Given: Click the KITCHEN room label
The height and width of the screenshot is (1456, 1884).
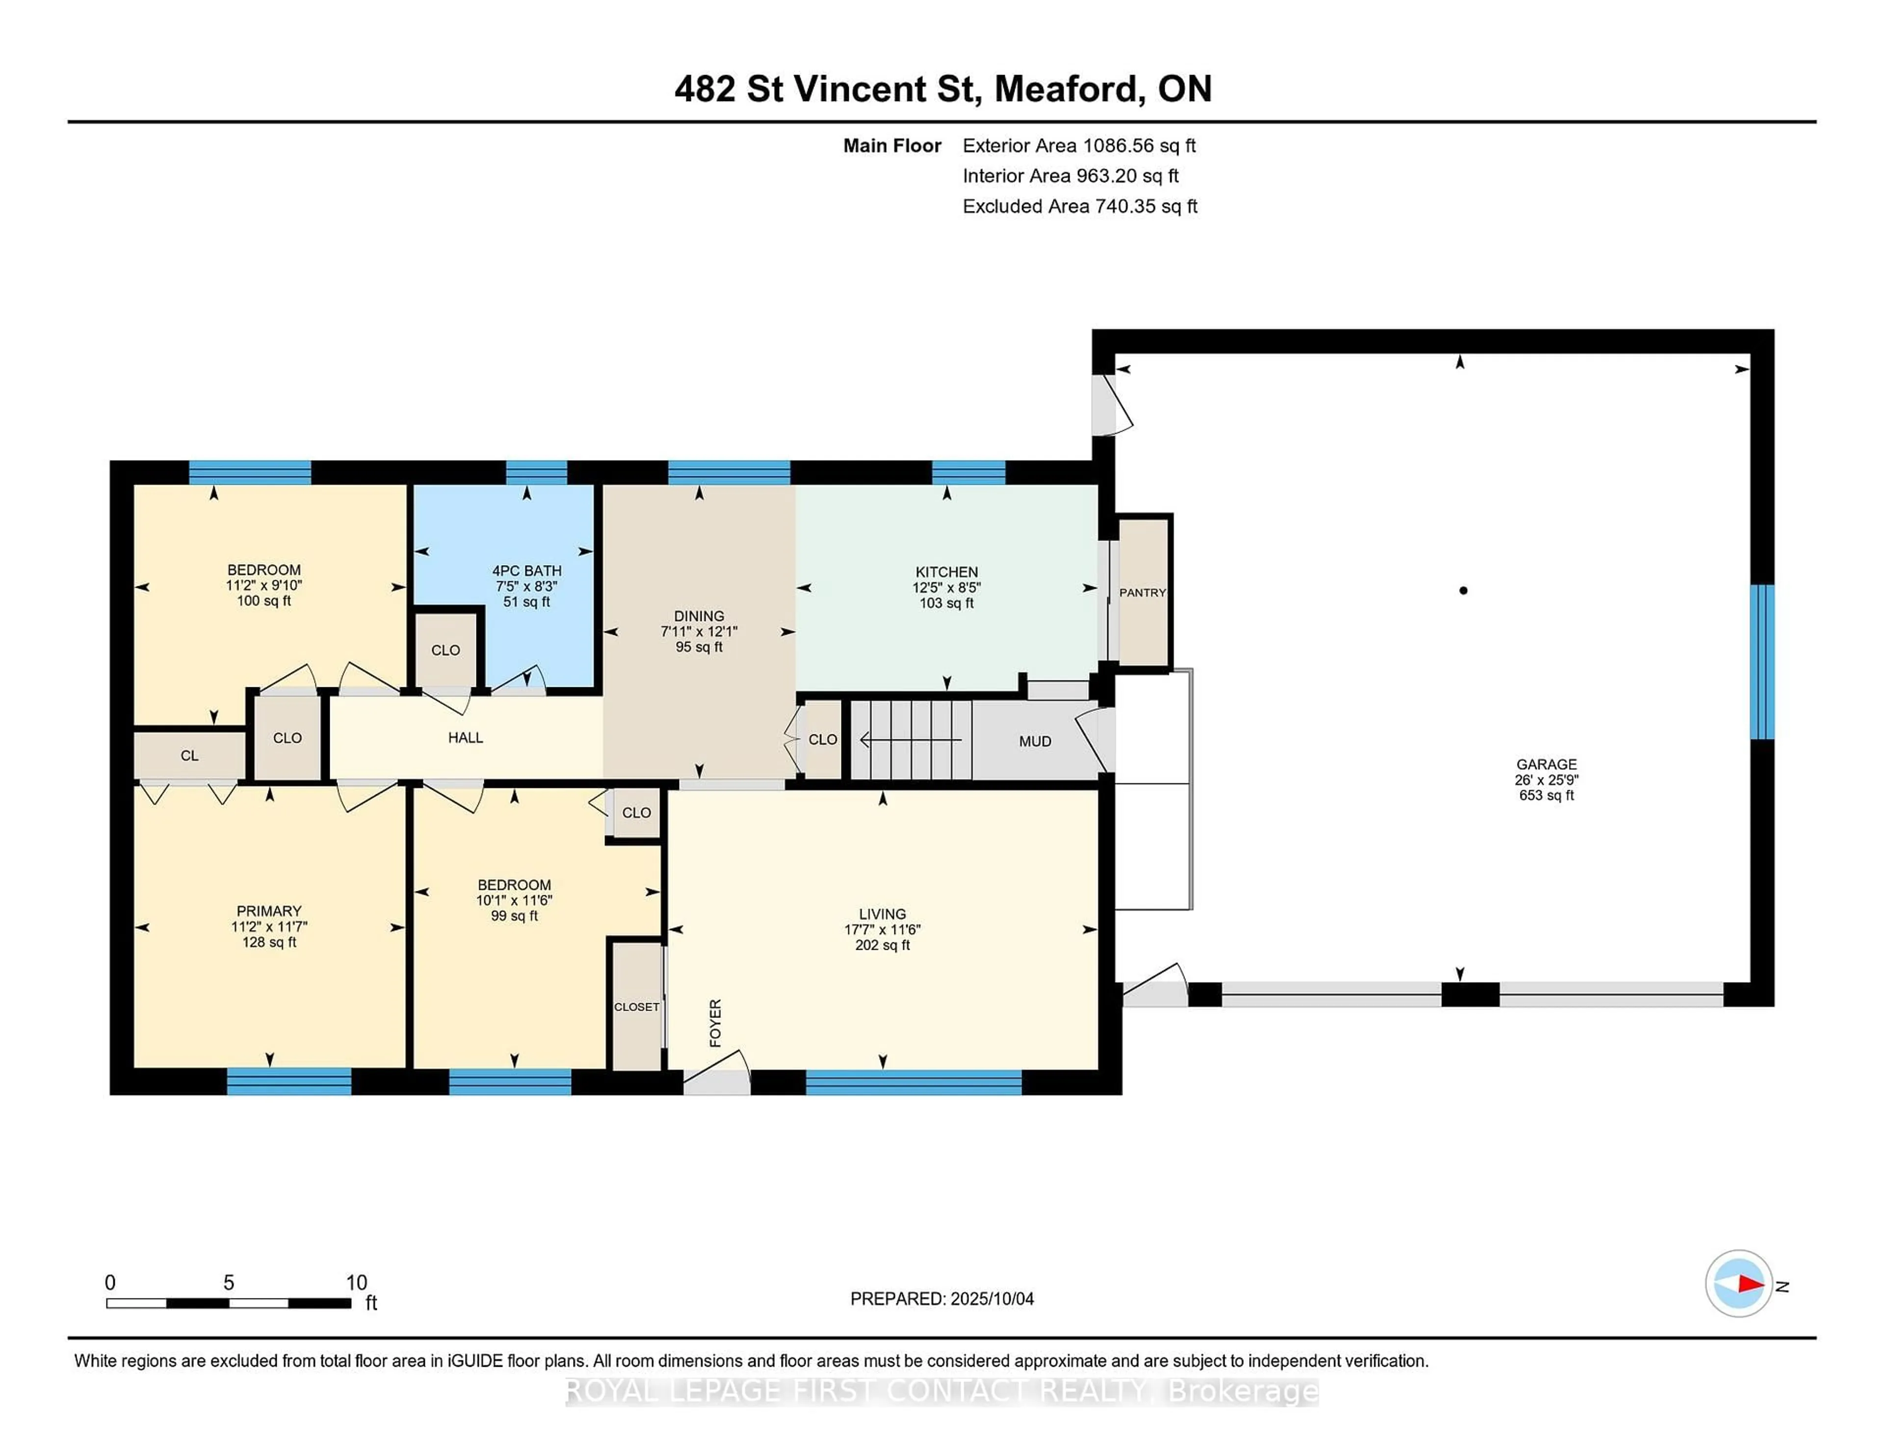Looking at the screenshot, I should [946, 572].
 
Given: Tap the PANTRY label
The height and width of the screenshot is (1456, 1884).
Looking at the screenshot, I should [1142, 593].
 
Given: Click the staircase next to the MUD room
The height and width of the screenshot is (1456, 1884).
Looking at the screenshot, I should [911, 740].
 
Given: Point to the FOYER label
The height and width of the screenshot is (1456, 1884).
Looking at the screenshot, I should [715, 1023].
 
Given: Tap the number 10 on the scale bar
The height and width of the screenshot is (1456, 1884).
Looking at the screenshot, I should [356, 1283].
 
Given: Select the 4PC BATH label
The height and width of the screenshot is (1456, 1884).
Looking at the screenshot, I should [526, 571].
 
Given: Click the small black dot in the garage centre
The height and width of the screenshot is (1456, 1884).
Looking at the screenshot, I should [1463, 591].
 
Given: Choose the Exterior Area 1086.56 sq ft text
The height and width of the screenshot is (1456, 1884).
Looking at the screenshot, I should [1079, 146].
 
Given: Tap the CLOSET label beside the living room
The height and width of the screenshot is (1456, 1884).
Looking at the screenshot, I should [637, 1007].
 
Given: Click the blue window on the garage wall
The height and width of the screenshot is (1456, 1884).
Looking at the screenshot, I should [1761, 662].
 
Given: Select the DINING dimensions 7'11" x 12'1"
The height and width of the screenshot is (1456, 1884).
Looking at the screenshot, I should [699, 631].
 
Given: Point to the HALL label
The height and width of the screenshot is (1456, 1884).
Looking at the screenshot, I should [465, 737].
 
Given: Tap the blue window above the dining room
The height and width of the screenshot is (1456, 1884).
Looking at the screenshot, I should [729, 473].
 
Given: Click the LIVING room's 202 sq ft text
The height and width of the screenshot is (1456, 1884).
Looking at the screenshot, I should [882, 945].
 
